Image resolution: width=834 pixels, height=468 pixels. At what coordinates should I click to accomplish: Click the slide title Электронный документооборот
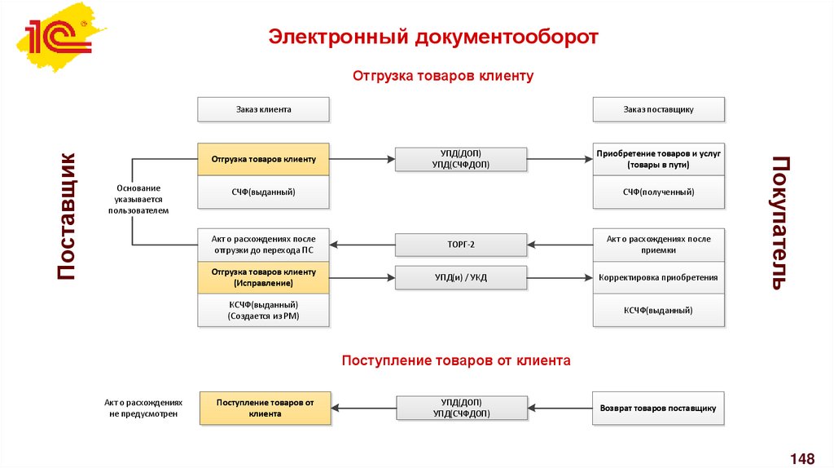click(x=434, y=38)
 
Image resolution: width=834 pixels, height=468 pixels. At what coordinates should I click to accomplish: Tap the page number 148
click(x=802, y=457)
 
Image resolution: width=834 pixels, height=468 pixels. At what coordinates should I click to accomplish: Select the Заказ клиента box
click(x=263, y=109)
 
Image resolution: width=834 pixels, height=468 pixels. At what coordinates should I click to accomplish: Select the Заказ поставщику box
click(x=658, y=109)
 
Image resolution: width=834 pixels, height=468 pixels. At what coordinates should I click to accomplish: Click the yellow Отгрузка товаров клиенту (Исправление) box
click(x=263, y=277)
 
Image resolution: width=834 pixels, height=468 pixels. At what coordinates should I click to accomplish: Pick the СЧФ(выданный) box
click(x=263, y=192)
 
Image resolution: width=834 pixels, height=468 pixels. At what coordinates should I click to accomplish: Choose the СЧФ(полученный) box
click(x=658, y=192)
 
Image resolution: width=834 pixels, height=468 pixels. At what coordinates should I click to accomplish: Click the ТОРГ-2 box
click(x=461, y=245)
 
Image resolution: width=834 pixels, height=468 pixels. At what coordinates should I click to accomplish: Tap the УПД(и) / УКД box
click(x=461, y=277)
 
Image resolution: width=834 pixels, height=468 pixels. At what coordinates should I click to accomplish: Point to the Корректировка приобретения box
click(x=658, y=277)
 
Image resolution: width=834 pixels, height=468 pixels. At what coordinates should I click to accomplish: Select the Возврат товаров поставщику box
click(x=658, y=408)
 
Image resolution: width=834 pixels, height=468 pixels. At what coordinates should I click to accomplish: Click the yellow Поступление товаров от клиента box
click(x=266, y=408)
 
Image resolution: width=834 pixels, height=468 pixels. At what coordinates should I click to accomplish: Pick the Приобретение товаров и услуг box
click(x=658, y=159)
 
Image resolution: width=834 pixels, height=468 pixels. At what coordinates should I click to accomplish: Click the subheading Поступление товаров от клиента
click(x=456, y=360)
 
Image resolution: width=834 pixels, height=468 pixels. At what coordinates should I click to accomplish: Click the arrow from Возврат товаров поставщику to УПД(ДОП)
click(x=560, y=408)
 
